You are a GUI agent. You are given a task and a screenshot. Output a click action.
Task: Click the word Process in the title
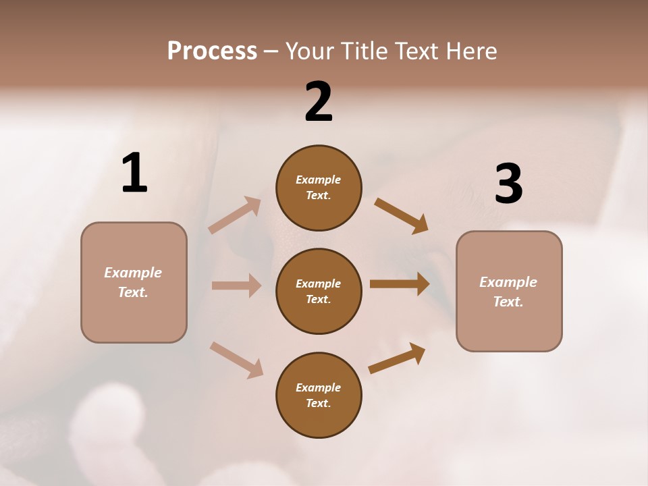(212, 51)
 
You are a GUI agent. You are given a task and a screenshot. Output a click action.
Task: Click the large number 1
(134, 173)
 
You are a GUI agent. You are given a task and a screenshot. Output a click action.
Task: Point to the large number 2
(319, 102)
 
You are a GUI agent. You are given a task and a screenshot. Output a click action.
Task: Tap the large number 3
(508, 184)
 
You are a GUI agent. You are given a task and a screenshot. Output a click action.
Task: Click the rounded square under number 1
(134, 282)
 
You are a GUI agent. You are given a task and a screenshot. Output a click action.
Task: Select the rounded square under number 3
(509, 291)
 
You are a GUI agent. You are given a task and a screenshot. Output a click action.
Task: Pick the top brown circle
(319, 188)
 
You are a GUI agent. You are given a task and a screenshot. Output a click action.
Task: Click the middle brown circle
(319, 291)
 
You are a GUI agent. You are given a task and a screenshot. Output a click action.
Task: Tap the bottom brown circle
(319, 395)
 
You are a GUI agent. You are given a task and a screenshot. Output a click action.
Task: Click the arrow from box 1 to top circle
(235, 215)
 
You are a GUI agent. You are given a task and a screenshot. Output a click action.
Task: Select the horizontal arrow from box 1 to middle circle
(236, 286)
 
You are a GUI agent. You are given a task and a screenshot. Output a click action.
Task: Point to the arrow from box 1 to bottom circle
(236, 360)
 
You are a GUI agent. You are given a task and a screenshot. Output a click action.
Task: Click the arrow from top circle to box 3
(401, 216)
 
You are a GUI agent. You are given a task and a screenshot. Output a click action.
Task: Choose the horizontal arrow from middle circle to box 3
(400, 284)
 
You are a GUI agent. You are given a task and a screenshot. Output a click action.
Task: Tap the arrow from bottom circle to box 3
(397, 358)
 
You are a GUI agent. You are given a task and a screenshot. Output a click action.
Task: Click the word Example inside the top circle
(319, 180)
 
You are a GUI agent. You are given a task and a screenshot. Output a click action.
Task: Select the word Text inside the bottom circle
(317, 403)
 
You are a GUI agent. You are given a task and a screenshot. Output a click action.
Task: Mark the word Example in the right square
(508, 282)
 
